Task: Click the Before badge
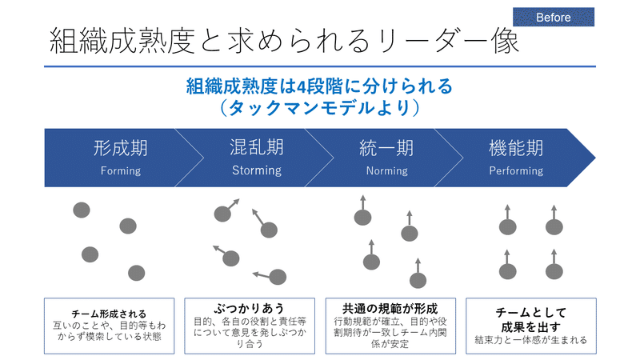click(x=554, y=17)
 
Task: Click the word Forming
click(x=121, y=170)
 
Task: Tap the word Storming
click(x=257, y=170)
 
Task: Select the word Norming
click(x=387, y=170)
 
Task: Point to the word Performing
click(x=516, y=170)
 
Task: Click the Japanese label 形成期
click(x=121, y=148)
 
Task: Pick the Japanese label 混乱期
click(x=257, y=147)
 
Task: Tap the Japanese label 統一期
click(x=386, y=148)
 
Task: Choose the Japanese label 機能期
click(x=516, y=148)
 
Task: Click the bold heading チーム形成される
click(x=109, y=314)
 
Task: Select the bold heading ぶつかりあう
click(x=250, y=308)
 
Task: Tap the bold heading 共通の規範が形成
click(x=390, y=309)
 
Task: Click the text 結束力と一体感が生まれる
click(x=531, y=339)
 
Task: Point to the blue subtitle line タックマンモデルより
click(x=319, y=108)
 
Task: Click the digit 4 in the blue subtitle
click(x=302, y=86)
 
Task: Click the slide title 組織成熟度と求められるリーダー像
click(x=285, y=42)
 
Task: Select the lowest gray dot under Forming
click(x=136, y=273)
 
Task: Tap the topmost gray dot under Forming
click(x=82, y=210)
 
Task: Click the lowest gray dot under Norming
click(x=418, y=281)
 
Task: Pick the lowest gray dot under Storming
click(x=278, y=277)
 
